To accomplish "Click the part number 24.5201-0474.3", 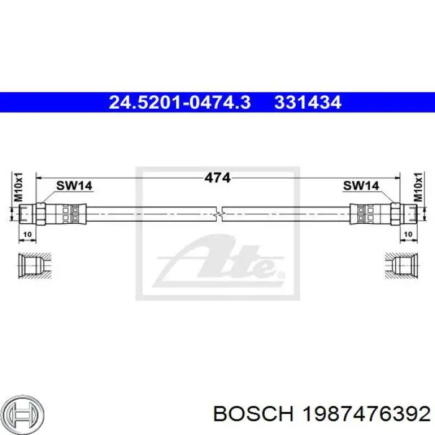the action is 180,102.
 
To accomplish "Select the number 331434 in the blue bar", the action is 308,102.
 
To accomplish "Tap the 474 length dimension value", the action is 217,178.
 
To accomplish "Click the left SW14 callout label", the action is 74,186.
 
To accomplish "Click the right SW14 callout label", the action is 361,186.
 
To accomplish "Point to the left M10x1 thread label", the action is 18,187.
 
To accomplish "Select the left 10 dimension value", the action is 27,234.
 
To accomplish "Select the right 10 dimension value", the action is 408,234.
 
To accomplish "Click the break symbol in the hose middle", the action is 219,214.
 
